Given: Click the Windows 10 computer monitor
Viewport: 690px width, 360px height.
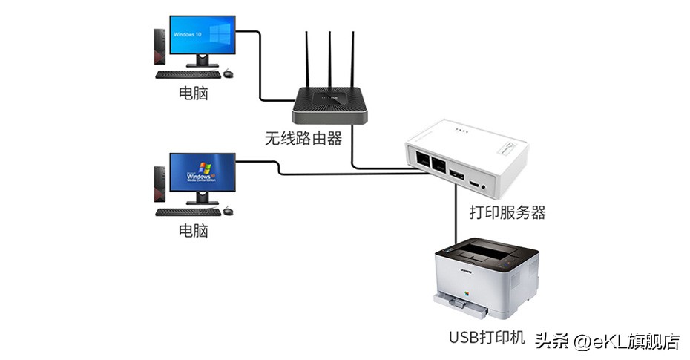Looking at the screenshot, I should tap(202, 35).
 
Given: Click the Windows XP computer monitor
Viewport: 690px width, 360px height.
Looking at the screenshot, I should tap(202, 173).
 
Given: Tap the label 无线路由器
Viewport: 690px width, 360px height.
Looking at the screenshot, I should tap(303, 138).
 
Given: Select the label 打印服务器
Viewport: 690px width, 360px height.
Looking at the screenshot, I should tap(507, 213).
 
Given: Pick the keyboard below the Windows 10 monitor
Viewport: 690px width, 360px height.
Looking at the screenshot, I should tap(187, 74).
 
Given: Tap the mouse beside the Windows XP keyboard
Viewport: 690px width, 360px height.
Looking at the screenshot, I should tap(228, 212).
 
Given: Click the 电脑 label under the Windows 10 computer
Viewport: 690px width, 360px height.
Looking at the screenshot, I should tap(193, 94).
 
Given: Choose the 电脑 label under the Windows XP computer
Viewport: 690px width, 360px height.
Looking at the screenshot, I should tap(193, 231).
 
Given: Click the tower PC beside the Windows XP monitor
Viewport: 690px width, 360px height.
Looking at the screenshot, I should tap(160, 183).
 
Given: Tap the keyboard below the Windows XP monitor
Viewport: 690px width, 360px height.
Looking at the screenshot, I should tap(187, 212).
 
